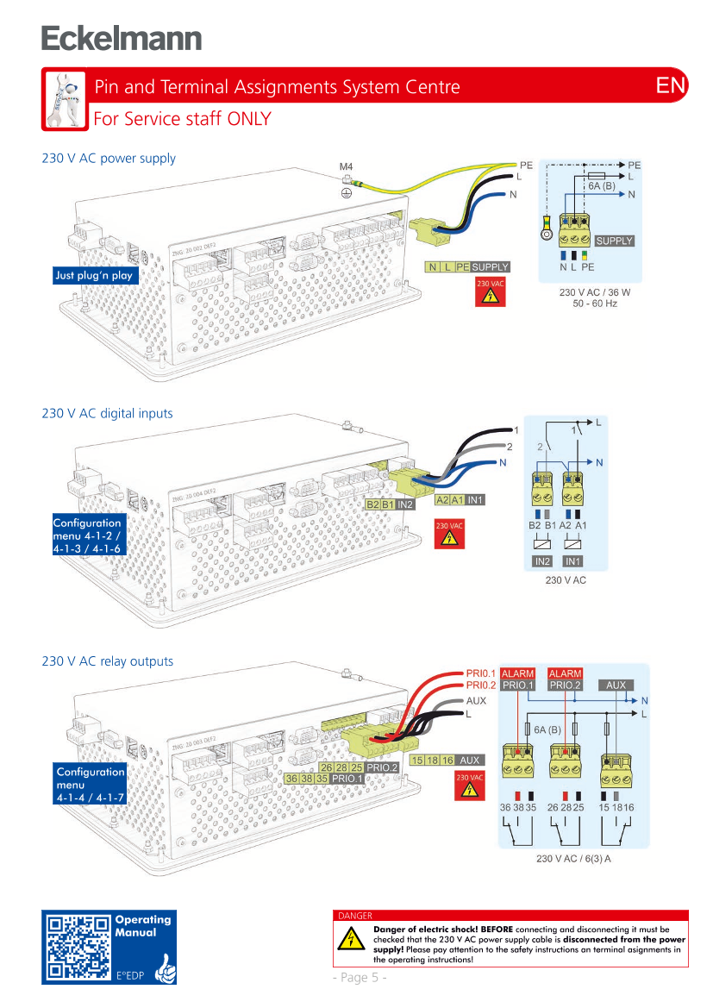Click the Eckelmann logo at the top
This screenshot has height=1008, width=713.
[x=121, y=39]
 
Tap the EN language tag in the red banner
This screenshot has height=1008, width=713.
[x=670, y=86]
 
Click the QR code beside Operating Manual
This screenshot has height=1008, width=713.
[x=78, y=947]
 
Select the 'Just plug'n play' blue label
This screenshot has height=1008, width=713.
[x=94, y=276]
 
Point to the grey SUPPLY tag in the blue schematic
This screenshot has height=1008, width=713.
[x=614, y=241]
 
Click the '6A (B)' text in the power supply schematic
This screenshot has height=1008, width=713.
[x=602, y=186]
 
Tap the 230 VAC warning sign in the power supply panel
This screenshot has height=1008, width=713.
[x=491, y=292]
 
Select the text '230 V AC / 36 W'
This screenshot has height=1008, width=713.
[x=594, y=292]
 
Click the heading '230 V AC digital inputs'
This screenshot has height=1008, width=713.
[x=109, y=414]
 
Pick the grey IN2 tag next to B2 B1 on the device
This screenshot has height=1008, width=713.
[x=406, y=504]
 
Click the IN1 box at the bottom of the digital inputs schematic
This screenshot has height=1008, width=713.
[x=573, y=561]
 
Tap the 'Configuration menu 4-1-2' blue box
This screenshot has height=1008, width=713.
[x=87, y=535]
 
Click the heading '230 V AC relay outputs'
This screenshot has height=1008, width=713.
[x=109, y=662]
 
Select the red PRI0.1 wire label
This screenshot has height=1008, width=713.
[x=480, y=673]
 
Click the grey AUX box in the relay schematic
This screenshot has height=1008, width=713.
[x=616, y=686]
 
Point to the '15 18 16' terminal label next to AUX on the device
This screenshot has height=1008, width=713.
[x=433, y=761]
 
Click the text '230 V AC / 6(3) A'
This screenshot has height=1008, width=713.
[x=573, y=859]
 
